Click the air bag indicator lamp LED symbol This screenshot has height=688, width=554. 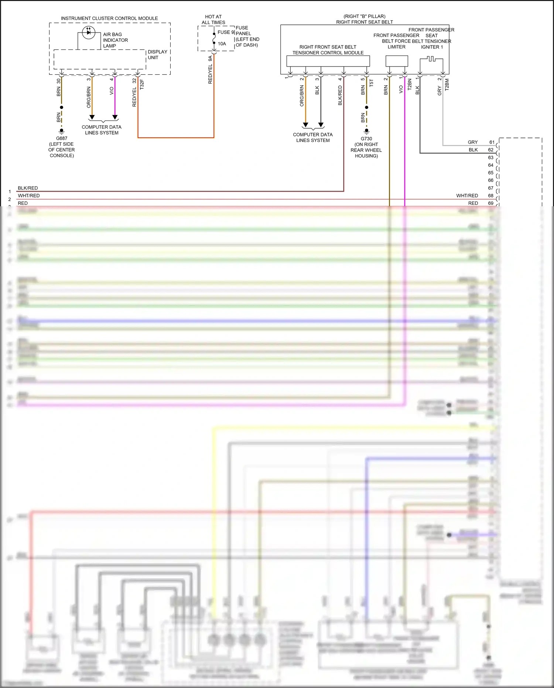tap(89, 32)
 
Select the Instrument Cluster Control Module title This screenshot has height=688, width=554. tap(109, 18)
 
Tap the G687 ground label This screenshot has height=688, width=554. tap(62, 138)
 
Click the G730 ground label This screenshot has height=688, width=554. tap(366, 139)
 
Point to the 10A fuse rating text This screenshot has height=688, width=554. tap(222, 44)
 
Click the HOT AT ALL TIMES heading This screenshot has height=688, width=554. tap(213, 20)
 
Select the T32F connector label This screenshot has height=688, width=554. tap(142, 85)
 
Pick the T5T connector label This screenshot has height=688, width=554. tap(372, 83)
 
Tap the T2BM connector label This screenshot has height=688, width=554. tap(447, 85)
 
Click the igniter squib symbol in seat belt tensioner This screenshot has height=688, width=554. tap(431, 59)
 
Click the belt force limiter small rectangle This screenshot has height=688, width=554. tap(397, 61)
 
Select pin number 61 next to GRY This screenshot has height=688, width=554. tap(492, 142)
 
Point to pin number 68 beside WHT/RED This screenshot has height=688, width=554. tap(491, 196)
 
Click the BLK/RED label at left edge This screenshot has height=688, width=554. tap(28, 188)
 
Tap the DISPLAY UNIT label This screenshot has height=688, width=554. tap(157, 55)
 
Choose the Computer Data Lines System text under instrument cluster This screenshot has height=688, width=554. tap(102, 130)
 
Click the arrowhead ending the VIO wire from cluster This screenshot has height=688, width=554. tap(115, 117)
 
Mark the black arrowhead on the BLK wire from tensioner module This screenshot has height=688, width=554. tap(321, 125)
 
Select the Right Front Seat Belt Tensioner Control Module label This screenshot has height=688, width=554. tap(328, 50)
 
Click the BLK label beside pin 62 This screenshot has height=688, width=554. tap(473, 150)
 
